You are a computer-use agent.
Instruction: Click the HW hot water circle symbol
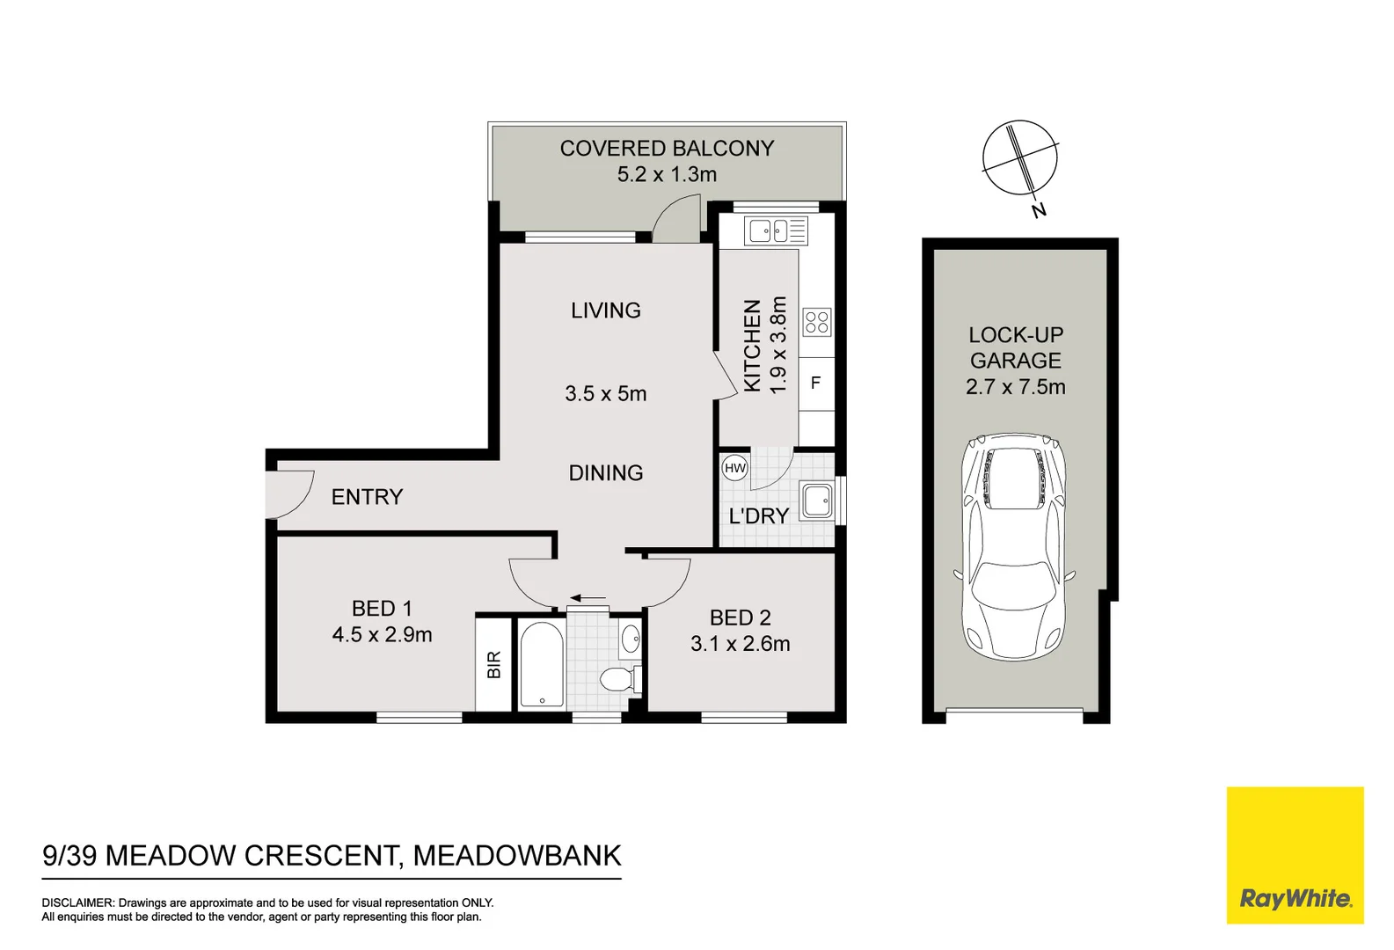click(735, 468)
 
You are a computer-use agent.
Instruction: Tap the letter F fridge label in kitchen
click(815, 383)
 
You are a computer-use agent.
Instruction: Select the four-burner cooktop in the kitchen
click(817, 322)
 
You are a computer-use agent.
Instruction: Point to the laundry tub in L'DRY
click(816, 501)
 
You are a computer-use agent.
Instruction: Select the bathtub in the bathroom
click(541, 664)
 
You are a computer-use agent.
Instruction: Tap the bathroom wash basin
click(631, 639)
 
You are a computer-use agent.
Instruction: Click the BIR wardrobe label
click(494, 664)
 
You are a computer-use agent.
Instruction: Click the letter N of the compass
click(1039, 210)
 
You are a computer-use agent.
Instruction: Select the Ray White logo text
click(1295, 899)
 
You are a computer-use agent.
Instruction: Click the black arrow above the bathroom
click(588, 599)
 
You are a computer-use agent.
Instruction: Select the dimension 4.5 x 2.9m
click(382, 634)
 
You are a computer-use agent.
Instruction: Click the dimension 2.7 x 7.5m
click(1015, 387)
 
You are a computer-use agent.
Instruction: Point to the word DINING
click(606, 473)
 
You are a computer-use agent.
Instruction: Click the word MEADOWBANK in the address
click(517, 856)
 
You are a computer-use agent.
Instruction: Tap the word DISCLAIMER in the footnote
click(77, 902)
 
